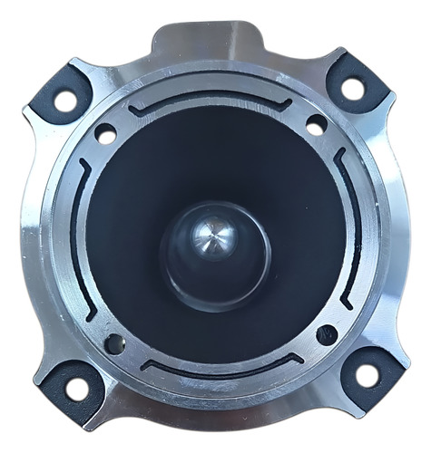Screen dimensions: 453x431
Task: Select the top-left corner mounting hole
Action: pos(66,99)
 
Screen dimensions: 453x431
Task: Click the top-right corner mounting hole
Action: pos(351,88)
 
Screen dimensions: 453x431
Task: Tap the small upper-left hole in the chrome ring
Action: pos(105,133)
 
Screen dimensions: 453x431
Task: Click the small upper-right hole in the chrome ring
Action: pos(317,125)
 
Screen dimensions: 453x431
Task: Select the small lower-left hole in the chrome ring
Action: pos(115,343)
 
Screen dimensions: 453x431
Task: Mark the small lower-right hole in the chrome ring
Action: pos(327,334)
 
